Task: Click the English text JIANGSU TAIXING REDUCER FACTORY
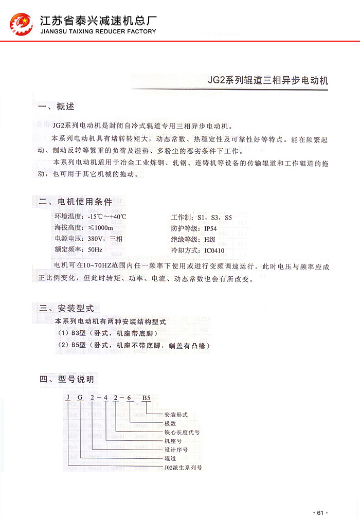pos(98,31)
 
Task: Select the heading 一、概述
pos(57,107)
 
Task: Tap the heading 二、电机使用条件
pos(76,202)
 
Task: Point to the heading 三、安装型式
pos(66,309)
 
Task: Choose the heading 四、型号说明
pos(66,380)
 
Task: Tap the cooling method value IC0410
pos(214,251)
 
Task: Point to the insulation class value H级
pos(209,240)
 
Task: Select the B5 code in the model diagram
pos(147,398)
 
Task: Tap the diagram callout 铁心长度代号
pos(182,433)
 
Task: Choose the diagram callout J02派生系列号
pos(183,468)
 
